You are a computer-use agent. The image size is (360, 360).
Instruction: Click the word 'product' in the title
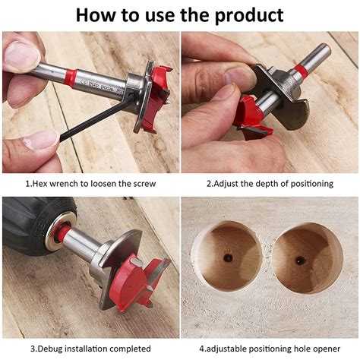244,14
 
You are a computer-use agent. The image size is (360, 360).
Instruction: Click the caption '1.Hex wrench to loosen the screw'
90,184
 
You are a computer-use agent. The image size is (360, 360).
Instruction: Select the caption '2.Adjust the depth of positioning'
270,184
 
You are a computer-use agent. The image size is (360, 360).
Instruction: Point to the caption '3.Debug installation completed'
90,349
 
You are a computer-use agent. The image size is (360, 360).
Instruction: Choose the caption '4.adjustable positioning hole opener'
270,349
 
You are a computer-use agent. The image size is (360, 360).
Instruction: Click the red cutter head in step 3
141,281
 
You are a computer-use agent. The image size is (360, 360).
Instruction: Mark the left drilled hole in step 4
227,257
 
